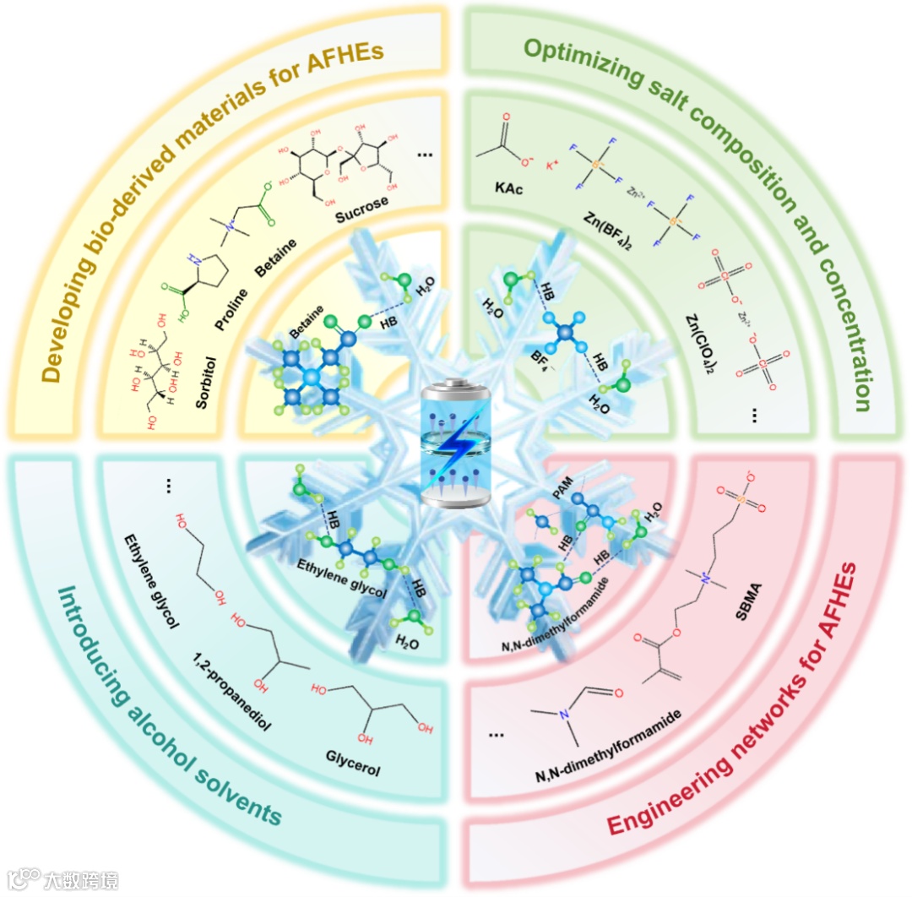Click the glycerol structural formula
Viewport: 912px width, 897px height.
(372, 710)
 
